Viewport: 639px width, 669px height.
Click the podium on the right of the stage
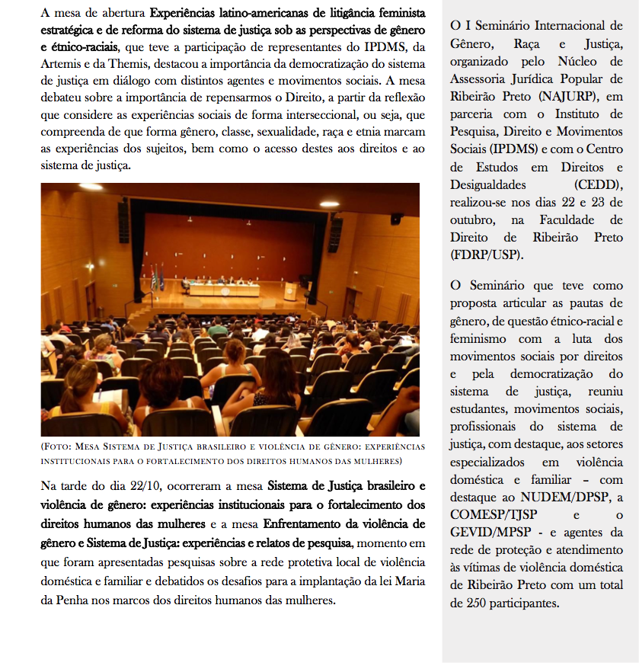coord(291,291)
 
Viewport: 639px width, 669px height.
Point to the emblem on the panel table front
coord(224,290)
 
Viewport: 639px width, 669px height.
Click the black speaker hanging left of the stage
coord(123,221)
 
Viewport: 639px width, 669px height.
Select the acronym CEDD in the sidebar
coord(599,185)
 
